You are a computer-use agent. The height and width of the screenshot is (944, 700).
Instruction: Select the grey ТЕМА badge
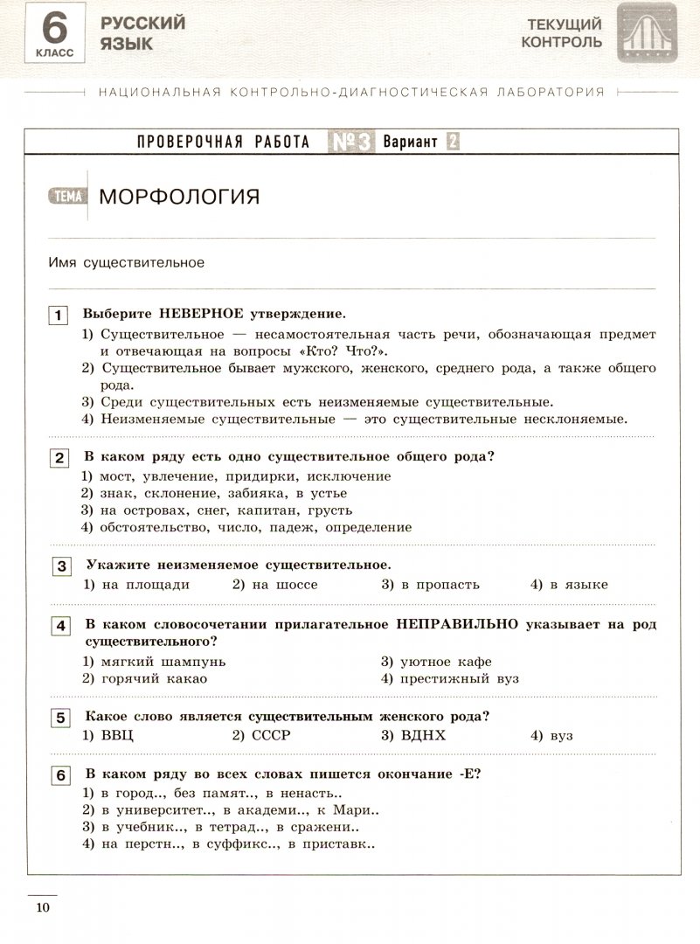(67, 196)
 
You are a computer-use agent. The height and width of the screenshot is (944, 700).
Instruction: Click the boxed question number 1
(59, 316)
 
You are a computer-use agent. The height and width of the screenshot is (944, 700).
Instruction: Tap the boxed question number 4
(59, 626)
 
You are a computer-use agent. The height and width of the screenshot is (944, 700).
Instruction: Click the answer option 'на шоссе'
(284, 585)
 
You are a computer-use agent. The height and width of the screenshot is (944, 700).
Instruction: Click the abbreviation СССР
(269, 736)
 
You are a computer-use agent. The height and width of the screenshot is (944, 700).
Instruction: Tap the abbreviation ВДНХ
(423, 736)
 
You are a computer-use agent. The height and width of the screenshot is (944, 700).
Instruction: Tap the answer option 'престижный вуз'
(461, 678)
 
